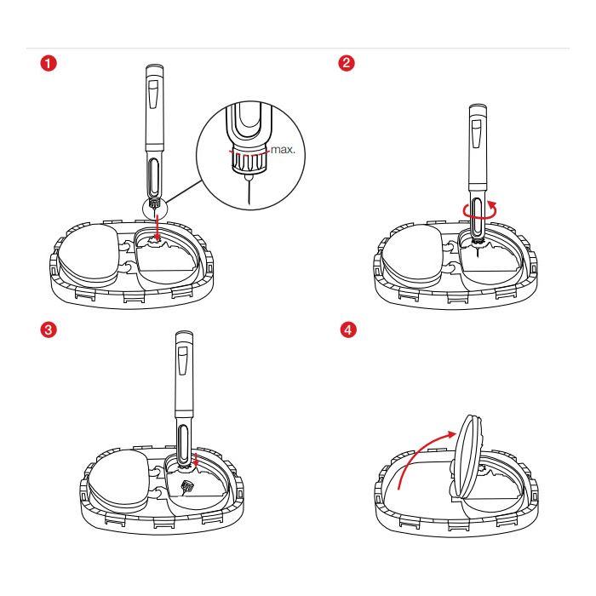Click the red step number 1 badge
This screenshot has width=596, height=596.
49,63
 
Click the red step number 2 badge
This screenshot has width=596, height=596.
347,63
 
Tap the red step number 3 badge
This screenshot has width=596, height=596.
49,330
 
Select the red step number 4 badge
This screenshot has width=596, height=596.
348,330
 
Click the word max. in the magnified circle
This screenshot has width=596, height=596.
283,149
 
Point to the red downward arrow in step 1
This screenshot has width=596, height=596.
158,228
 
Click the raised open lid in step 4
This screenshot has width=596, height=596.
467,456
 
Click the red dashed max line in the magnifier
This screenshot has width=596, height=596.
249,153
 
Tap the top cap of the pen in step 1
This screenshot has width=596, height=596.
155,69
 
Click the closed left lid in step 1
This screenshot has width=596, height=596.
89,253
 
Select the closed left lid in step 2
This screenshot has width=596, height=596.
411,254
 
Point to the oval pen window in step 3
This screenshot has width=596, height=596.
184,444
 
